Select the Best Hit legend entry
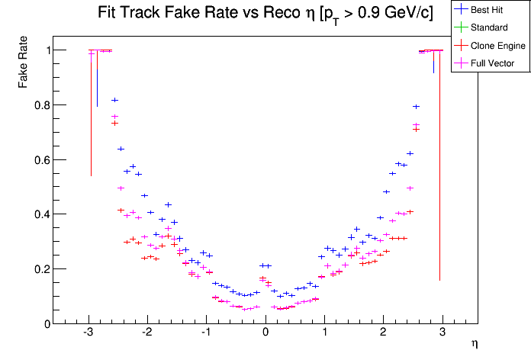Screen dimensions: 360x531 489,10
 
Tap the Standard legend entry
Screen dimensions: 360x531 489,27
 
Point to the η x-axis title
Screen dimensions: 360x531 474,344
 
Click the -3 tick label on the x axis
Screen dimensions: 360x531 88,333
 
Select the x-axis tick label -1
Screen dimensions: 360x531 206,333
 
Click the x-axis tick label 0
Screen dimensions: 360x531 265,333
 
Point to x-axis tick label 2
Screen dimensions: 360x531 384,333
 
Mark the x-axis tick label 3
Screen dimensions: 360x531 443,333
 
